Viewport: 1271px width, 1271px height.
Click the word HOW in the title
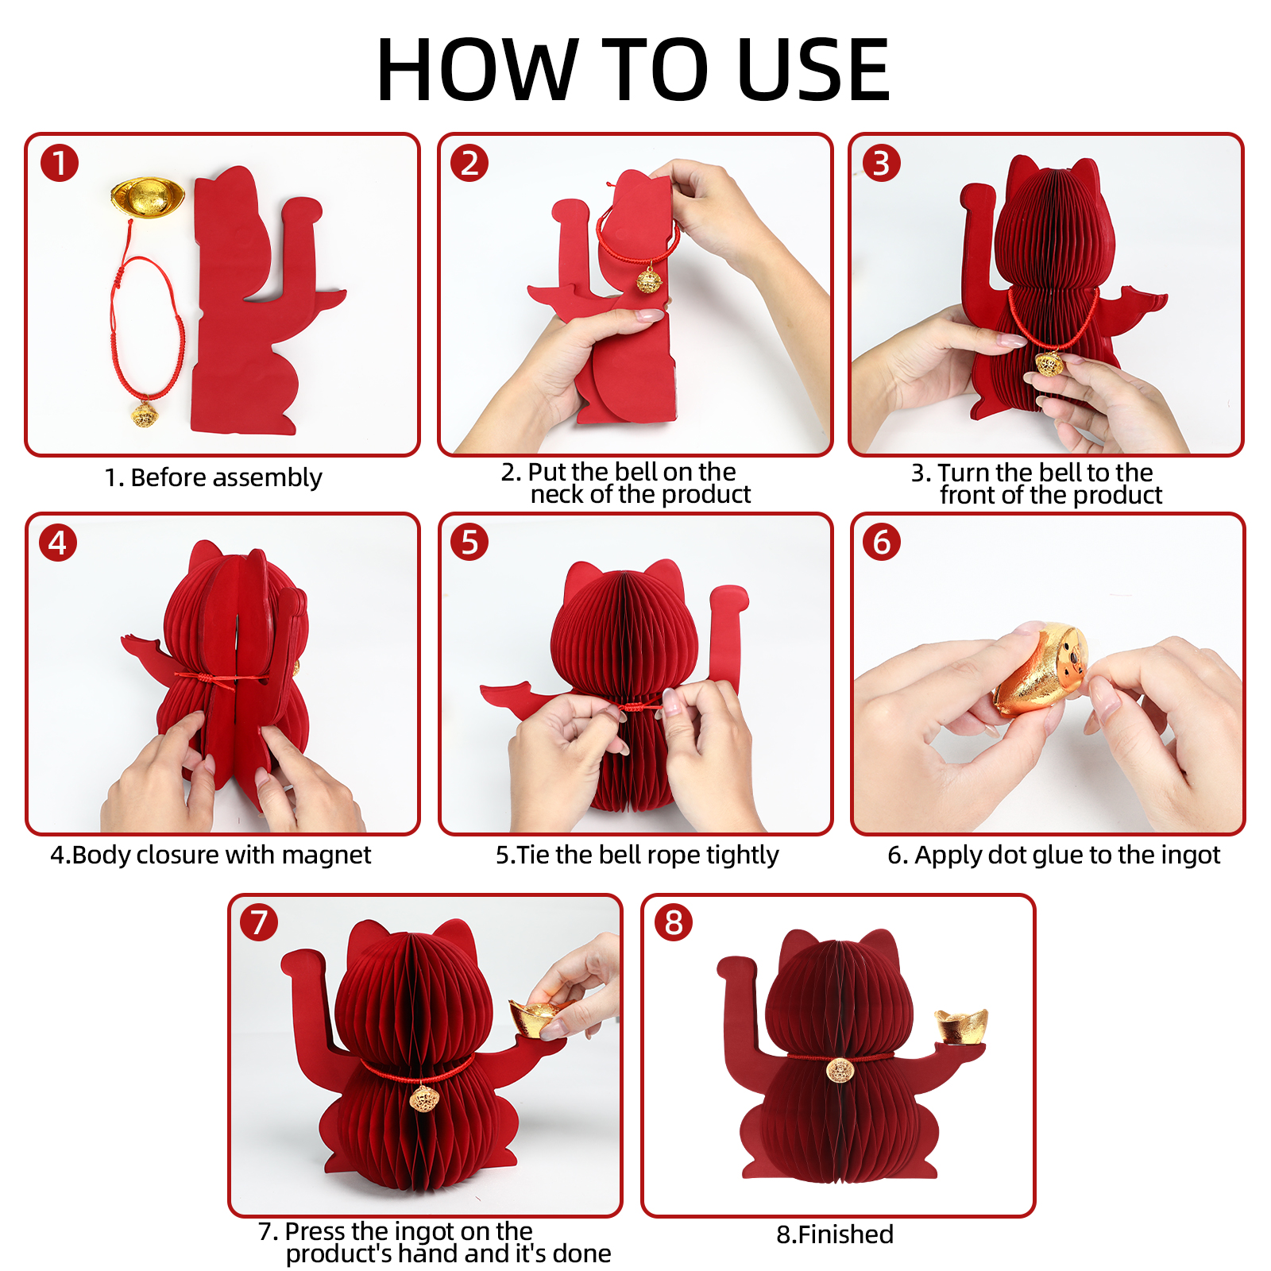click(x=477, y=70)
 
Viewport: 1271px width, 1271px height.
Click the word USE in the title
click(x=813, y=70)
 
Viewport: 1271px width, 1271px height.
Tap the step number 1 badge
click(x=60, y=163)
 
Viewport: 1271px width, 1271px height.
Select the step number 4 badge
click(x=58, y=543)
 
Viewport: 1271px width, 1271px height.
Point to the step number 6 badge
click(x=882, y=542)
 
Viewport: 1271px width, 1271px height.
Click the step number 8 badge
click(x=674, y=922)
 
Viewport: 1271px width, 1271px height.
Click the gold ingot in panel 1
click(x=149, y=195)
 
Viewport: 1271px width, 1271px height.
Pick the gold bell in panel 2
click(x=650, y=280)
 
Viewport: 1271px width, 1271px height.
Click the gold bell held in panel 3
click(x=1049, y=365)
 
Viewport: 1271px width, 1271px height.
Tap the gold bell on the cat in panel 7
click(x=423, y=1099)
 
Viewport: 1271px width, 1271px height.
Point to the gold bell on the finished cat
click(x=840, y=1070)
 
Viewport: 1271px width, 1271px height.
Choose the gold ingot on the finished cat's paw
click(x=962, y=1026)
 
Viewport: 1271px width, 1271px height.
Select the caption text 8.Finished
click(x=835, y=1234)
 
